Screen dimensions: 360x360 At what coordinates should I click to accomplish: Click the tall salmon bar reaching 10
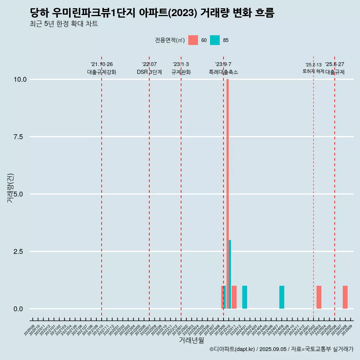click(x=228, y=187)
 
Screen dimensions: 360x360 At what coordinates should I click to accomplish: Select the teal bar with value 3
click(x=230, y=274)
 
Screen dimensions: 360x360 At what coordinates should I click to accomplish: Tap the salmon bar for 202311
click(x=234, y=297)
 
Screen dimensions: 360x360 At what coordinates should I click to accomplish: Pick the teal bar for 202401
click(x=244, y=297)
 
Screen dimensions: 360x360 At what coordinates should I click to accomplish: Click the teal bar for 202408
click(x=282, y=297)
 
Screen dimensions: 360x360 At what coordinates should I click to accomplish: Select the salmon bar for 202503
click(x=319, y=297)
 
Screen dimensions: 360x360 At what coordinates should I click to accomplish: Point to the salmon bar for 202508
click(x=345, y=297)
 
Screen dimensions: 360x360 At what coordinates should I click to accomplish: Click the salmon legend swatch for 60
click(x=193, y=40)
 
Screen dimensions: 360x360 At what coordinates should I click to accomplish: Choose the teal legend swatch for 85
click(x=215, y=40)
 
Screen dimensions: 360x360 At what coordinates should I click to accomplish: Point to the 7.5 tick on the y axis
click(x=19, y=137)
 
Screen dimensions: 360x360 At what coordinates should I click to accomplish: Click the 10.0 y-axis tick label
click(x=19, y=79)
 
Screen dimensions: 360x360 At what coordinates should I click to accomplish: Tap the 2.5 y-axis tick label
click(x=19, y=252)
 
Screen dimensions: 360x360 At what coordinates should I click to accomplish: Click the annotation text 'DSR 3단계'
click(x=149, y=72)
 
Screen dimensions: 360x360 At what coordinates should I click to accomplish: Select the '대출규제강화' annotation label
click(x=102, y=72)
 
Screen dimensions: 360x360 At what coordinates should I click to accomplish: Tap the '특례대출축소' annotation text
click(x=223, y=72)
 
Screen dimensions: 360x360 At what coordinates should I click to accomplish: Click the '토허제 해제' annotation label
click(x=313, y=71)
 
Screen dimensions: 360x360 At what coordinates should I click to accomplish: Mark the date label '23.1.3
click(x=181, y=64)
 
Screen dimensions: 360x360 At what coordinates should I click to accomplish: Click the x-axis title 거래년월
click(x=191, y=340)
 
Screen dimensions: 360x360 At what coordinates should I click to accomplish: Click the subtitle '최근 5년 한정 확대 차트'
click(x=64, y=24)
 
